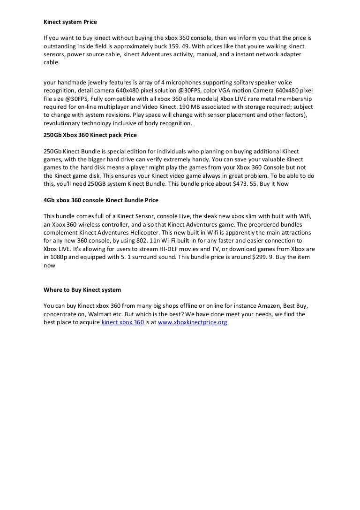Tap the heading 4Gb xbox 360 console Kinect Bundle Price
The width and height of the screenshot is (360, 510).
pyautogui.click(x=101, y=200)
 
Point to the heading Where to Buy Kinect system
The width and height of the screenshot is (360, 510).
pyautogui.click(x=82, y=289)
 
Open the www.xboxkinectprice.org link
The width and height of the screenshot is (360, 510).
pyautogui.click(x=193, y=323)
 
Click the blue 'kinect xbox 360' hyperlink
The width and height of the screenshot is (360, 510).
pyautogui.click(x=122, y=323)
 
